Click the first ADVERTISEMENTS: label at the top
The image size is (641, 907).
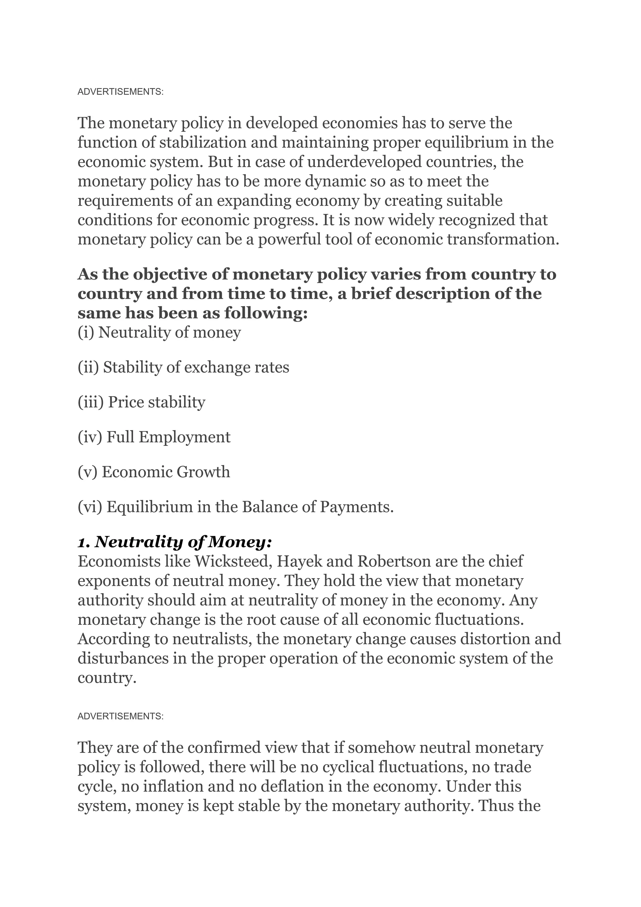121,92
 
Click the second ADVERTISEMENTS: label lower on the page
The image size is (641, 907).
121,716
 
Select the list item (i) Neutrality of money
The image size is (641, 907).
159,332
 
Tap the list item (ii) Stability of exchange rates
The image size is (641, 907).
183,367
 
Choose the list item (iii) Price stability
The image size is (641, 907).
141,402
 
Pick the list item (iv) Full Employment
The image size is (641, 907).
154,437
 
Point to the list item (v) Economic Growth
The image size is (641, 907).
154,472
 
